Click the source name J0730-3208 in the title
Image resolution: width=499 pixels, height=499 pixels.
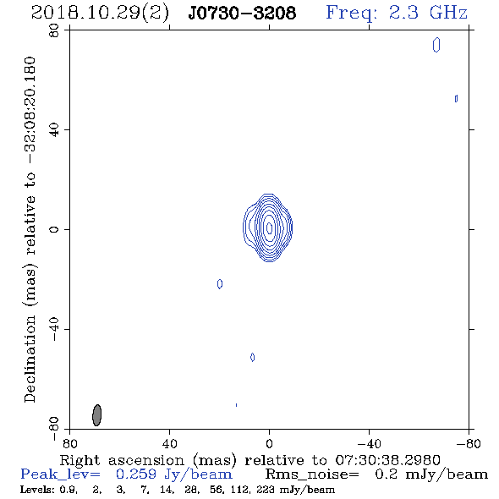click(x=242, y=14)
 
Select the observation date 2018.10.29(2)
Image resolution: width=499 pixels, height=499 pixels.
click(x=100, y=14)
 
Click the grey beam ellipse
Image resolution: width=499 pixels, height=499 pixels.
click(x=96, y=415)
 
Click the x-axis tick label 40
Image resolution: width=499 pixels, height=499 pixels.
click(x=169, y=443)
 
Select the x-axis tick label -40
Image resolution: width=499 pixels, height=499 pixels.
click(x=369, y=443)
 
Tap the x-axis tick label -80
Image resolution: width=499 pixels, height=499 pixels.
click(x=469, y=443)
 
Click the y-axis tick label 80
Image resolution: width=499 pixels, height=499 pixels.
click(x=54, y=30)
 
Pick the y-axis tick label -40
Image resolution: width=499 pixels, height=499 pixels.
click(x=54, y=329)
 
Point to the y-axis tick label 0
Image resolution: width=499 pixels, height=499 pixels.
click(x=54, y=229)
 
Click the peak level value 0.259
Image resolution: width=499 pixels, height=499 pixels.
click(x=136, y=474)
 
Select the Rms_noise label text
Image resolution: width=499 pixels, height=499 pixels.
click(x=312, y=474)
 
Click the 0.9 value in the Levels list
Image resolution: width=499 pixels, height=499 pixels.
click(x=69, y=490)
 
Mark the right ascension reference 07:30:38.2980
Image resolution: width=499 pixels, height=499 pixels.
click(x=387, y=460)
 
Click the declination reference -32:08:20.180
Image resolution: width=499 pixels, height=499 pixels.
click(x=30, y=110)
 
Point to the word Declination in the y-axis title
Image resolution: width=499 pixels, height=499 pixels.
click(x=30, y=359)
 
